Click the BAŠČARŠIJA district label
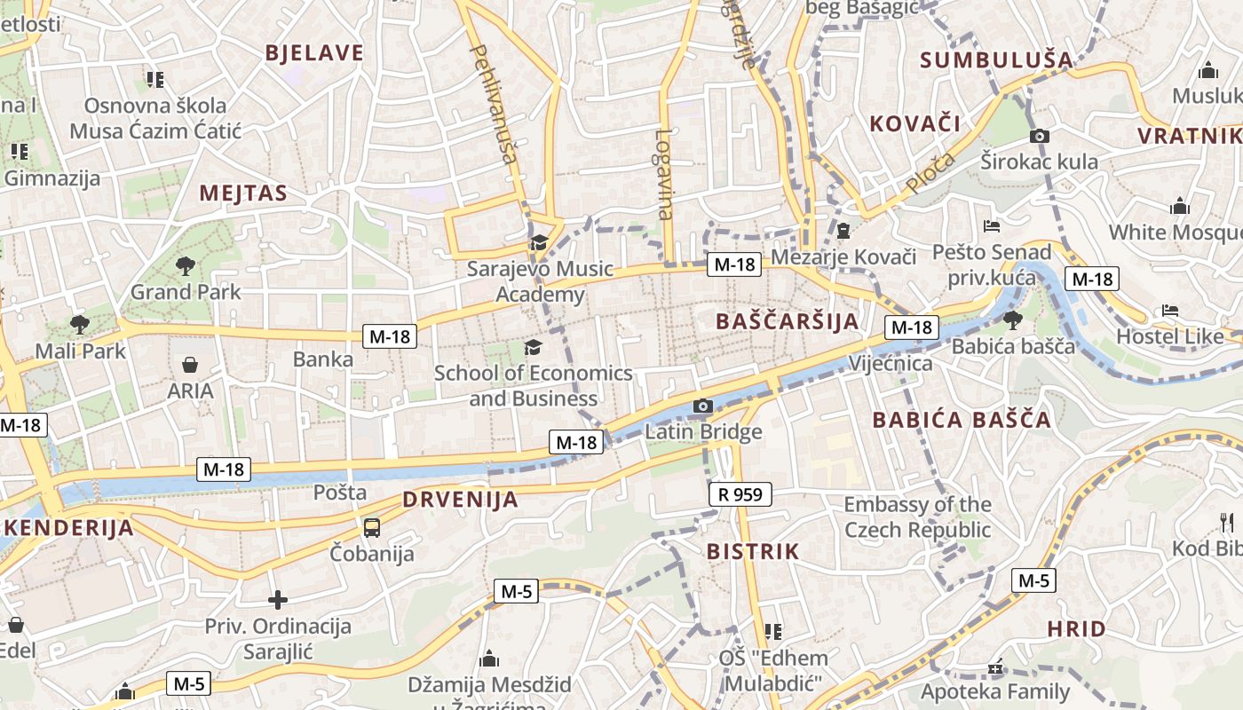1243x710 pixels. (787, 321)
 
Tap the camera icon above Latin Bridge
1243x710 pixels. (703, 406)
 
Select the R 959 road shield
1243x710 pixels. (740, 494)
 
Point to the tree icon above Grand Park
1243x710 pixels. (186, 264)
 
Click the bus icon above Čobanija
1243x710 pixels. (372, 528)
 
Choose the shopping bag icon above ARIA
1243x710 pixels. (190, 364)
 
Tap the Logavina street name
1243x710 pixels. (664, 175)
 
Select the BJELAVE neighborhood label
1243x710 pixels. (314, 53)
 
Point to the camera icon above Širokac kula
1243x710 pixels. (1039, 136)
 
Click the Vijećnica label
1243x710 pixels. (891, 363)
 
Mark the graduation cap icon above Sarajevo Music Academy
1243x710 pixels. (539, 242)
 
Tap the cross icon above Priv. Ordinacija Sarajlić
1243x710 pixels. (278, 600)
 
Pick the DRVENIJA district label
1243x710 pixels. (460, 500)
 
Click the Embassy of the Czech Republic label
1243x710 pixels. (917, 517)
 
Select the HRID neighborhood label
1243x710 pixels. (1076, 629)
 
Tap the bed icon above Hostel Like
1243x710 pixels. (1170, 311)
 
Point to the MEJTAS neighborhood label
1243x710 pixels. (243, 193)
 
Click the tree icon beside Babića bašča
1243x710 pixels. (1012, 319)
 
